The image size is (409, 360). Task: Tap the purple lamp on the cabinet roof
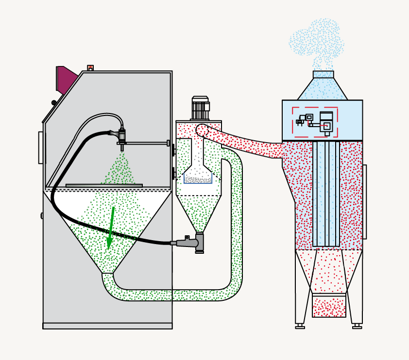(66, 79)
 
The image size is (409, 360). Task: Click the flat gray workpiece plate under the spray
(104, 185)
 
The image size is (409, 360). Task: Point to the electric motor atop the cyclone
(200, 108)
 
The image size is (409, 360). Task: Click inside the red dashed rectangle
(315, 122)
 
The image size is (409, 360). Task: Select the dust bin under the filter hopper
(329, 306)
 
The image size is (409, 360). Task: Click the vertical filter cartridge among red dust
(326, 194)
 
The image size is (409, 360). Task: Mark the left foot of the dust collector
(300, 327)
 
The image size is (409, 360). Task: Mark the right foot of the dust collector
(357, 327)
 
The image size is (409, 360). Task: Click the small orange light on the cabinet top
(90, 68)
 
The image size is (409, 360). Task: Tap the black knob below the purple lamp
(54, 102)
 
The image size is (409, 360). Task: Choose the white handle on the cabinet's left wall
(41, 147)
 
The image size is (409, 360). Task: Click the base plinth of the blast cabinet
(107, 326)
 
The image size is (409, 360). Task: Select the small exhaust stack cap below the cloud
(323, 74)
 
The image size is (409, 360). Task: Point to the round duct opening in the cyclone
(202, 130)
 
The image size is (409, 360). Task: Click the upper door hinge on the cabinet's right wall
(173, 150)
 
